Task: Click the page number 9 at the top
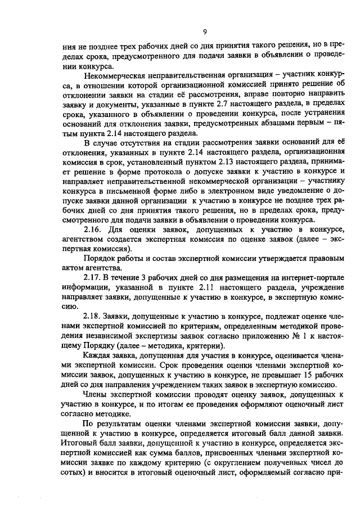tap(205, 31)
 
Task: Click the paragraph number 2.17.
tap(93, 279)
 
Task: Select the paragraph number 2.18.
tap(93, 318)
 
